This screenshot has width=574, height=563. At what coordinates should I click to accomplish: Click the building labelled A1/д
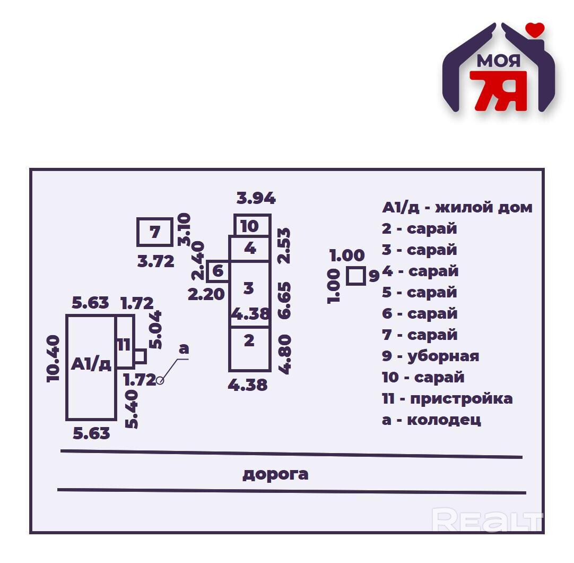tap(91, 366)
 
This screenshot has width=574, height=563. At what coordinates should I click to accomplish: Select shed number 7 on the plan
tap(154, 232)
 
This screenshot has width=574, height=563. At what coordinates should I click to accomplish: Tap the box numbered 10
tap(252, 225)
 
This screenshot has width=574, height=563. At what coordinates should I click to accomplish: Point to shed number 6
tap(218, 271)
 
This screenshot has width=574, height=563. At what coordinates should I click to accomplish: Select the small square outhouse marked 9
tap(356, 276)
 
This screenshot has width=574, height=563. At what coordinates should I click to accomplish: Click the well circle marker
tap(160, 380)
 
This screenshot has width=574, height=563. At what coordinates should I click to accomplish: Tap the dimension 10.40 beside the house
tap(54, 359)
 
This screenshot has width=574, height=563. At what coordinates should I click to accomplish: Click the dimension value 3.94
tap(256, 199)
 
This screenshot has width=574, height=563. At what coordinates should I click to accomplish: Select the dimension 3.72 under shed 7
tap(156, 261)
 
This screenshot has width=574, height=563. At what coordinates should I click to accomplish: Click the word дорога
tap(275, 474)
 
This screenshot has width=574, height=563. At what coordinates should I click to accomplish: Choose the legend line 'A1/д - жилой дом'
tap(457, 207)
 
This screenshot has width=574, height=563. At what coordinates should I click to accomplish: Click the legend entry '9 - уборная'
tap(430, 356)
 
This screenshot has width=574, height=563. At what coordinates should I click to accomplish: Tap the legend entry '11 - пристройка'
tap(447, 398)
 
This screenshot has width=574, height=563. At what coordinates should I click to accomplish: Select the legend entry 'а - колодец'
tap(431, 420)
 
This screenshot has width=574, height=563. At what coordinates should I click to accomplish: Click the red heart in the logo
tap(536, 31)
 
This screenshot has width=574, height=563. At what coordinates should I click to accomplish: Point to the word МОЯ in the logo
tap(498, 61)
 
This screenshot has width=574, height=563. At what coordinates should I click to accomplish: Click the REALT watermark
tap(487, 520)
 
